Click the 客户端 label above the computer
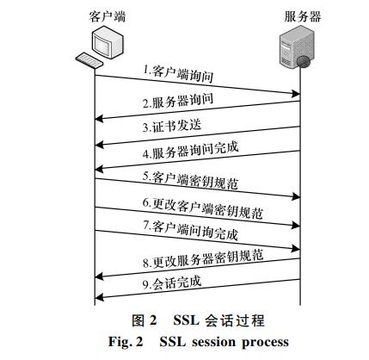108,17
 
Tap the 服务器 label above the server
303,17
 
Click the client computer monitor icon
107,42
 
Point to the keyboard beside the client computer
89,60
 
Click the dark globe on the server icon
303,61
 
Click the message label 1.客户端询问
178,74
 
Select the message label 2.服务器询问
178,101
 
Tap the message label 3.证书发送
172,126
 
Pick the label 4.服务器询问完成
191,151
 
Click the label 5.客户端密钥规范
190,180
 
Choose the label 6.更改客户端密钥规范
203,208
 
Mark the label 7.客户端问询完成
191,230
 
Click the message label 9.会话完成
172,282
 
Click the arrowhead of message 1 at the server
296,93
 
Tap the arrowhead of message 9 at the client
99,297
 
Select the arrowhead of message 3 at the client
99,144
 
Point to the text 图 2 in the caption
145,320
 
